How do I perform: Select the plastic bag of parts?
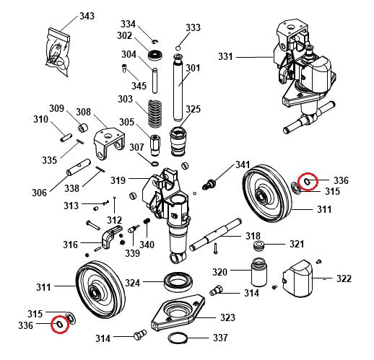coord(58,52)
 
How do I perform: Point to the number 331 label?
coord(226,56)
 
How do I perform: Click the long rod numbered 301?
coord(178,84)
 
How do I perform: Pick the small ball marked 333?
coord(177,48)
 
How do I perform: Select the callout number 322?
coord(344,278)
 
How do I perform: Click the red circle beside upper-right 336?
coord(308,181)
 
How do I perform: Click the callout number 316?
coord(70,245)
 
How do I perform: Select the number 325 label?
coord(192,109)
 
